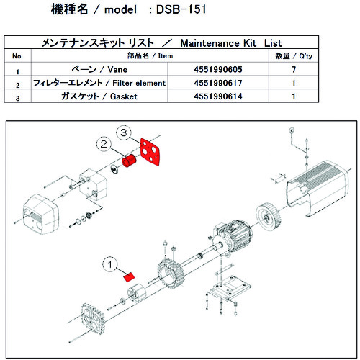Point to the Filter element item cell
pyautogui.click(x=109, y=84)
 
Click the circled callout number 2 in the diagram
pyautogui.click(x=104, y=145)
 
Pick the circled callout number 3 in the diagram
pyautogui.click(x=124, y=133)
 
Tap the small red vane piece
pyautogui.click(x=129, y=276)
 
